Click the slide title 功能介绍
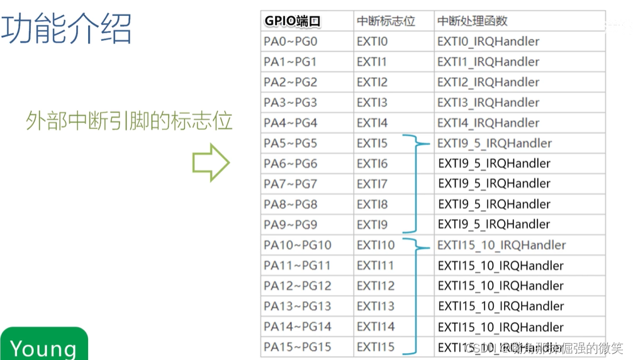click(x=67, y=29)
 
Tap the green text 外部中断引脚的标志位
click(x=130, y=120)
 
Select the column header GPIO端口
click(x=293, y=21)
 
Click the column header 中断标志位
click(x=386, y=21)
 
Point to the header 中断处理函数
click(x=473, y=21)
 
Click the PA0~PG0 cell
click(x=291, y=42)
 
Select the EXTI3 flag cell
click(x=372, y=103)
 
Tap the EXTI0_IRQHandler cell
click(x=488, y=42)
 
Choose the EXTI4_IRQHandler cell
click(x=488, y=123)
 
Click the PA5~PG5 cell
click(x=291, y=143)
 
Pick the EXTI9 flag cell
click(x=372, y=225)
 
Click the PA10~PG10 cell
click(x=298, y=245)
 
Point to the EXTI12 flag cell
click(x=376, y=286)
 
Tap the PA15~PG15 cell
click(x=298, y=347)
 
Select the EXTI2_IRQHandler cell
click(x=488, y=82)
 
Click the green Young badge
click(x=44, y=345)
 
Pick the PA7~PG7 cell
click(x=291, y=184)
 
